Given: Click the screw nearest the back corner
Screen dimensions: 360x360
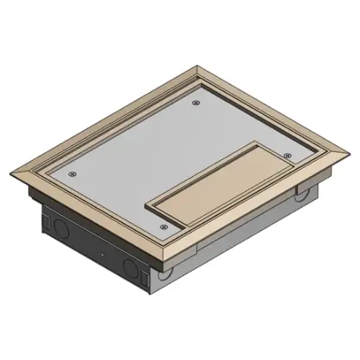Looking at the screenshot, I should point(195,103).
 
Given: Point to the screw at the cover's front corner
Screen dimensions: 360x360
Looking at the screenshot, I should point(162,228).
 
